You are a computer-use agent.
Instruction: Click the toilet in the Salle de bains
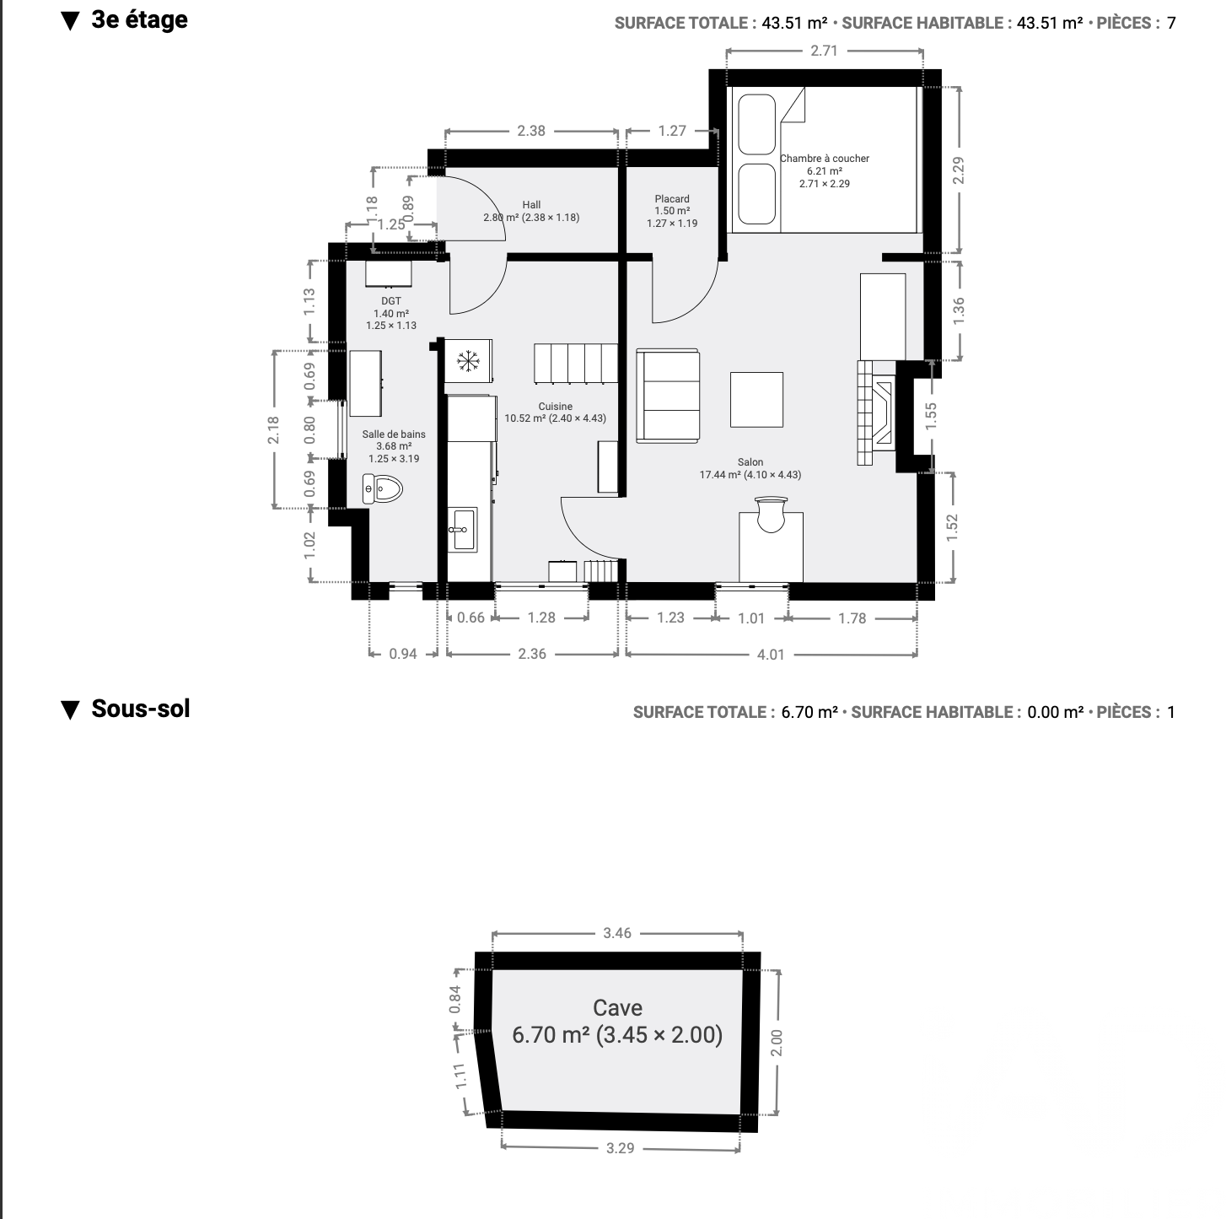382,489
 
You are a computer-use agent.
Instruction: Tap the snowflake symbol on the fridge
468,362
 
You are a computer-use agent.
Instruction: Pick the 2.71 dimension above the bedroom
824,51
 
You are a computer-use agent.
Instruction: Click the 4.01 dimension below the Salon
771,655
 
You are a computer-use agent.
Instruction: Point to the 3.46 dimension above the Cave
617,932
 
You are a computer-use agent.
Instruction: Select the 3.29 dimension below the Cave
620,1147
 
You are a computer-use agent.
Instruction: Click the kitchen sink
462,529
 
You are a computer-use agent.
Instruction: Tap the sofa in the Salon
668,396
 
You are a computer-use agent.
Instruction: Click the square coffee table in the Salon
756,400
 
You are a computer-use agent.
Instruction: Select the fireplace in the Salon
876,413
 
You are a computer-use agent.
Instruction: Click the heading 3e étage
139,19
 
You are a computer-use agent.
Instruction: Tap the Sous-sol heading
141,709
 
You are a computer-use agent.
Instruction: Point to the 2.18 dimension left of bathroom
273,429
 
